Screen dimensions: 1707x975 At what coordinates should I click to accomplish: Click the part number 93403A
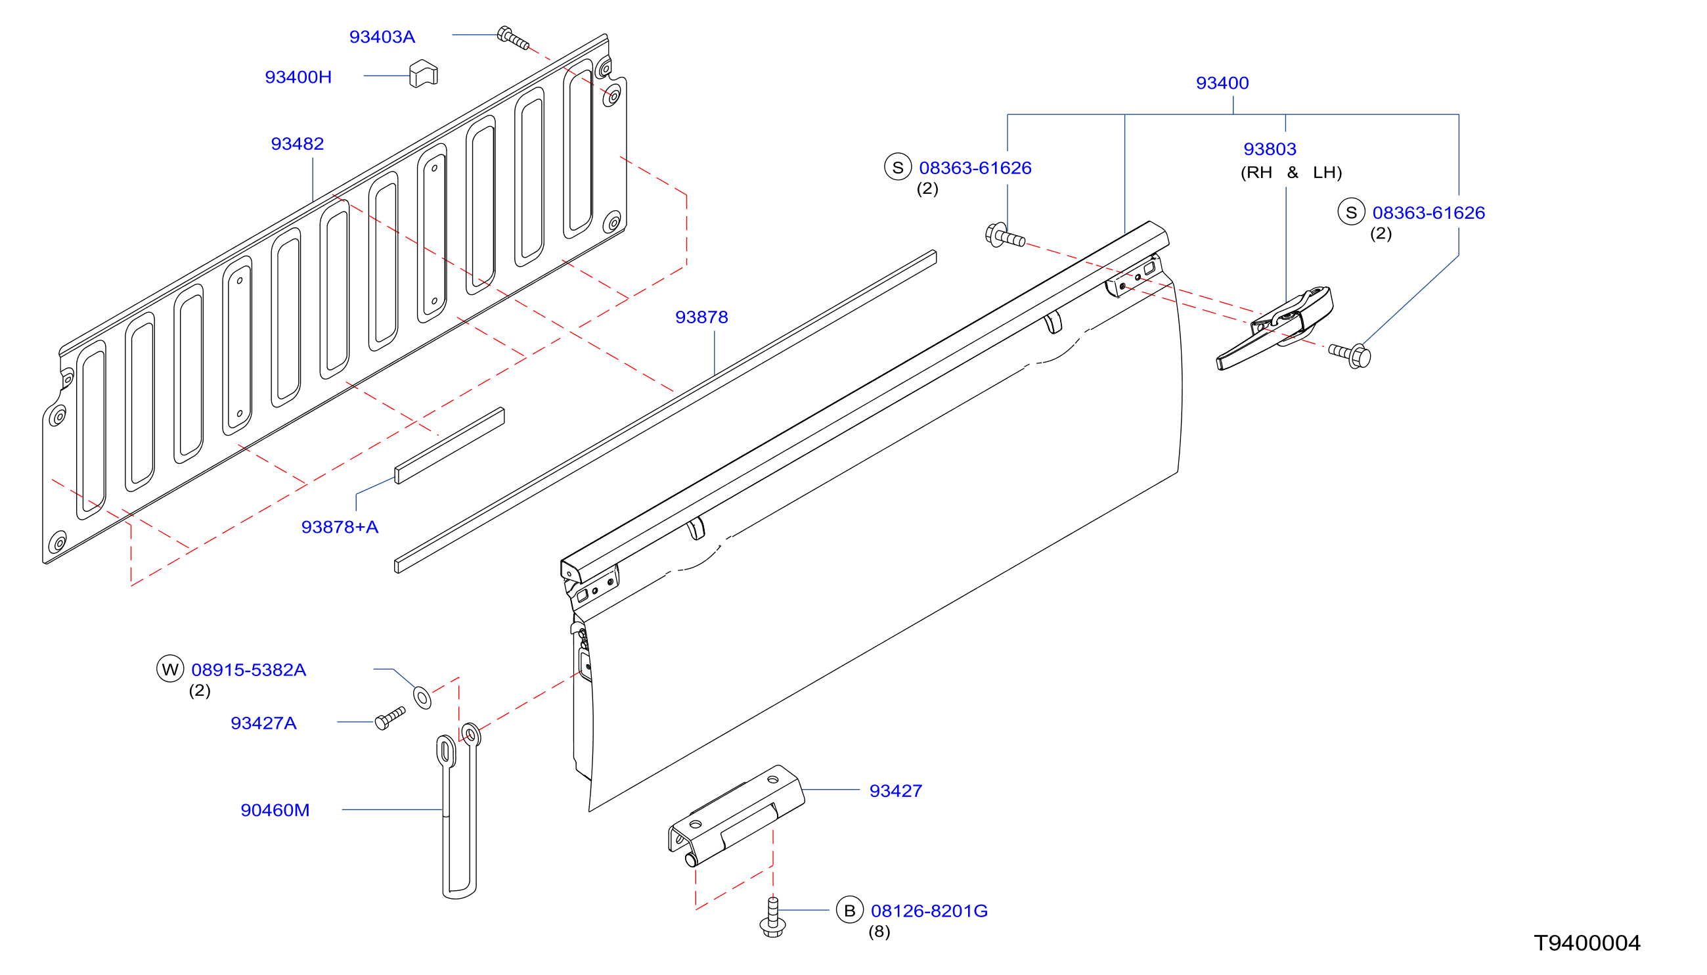coord(382,37)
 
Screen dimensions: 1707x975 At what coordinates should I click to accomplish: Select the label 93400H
coord(298,77)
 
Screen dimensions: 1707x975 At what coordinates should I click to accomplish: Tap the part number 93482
coord(298,144)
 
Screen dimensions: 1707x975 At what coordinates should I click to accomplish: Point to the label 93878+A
coord(340,527)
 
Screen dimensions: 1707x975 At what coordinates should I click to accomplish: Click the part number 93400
coord(1222,83)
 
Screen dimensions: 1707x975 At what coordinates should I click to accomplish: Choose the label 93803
coord(1269,148)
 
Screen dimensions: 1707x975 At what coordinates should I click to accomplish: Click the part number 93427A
coord(263,723)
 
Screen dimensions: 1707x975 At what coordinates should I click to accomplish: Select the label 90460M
coord(275,810)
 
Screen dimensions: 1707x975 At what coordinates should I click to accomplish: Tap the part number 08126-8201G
coord(929,911)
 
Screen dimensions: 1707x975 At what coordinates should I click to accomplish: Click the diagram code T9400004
coord(1587,943)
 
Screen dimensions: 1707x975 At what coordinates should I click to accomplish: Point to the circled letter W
coord(170,668)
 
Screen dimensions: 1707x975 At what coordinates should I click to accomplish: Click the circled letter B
coord(849,910)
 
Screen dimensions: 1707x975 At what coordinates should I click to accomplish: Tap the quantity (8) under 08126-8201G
coord(879,932)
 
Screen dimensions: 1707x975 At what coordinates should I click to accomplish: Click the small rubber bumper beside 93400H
coord(423,74)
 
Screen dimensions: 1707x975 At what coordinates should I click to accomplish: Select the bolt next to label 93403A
coord(513,38)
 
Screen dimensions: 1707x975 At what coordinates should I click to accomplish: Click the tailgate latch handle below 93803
coord(1275,328)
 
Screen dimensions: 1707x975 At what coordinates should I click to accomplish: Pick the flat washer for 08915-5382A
coord(422,697)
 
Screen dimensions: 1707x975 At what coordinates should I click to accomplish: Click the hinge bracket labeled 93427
coord(736,815)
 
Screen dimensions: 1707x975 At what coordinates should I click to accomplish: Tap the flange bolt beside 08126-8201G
coord(772,917)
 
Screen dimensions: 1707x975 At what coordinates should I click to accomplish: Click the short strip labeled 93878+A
coord(449,445)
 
